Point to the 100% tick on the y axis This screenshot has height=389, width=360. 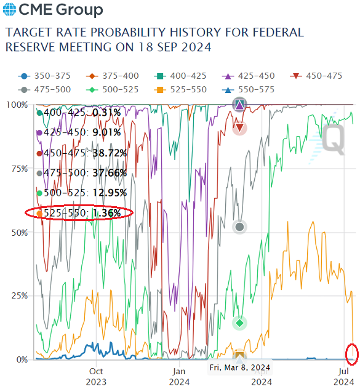[17, 105]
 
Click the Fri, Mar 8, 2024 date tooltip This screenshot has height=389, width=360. [239, 367]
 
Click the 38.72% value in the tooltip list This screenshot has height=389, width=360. [109, 153]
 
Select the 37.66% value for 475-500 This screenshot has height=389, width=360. [109, 173]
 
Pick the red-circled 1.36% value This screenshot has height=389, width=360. [111, 213]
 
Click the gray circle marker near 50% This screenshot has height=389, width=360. [240, 227]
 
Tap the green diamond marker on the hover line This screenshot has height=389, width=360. [240, 323]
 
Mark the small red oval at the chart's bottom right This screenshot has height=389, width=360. [351, 354]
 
